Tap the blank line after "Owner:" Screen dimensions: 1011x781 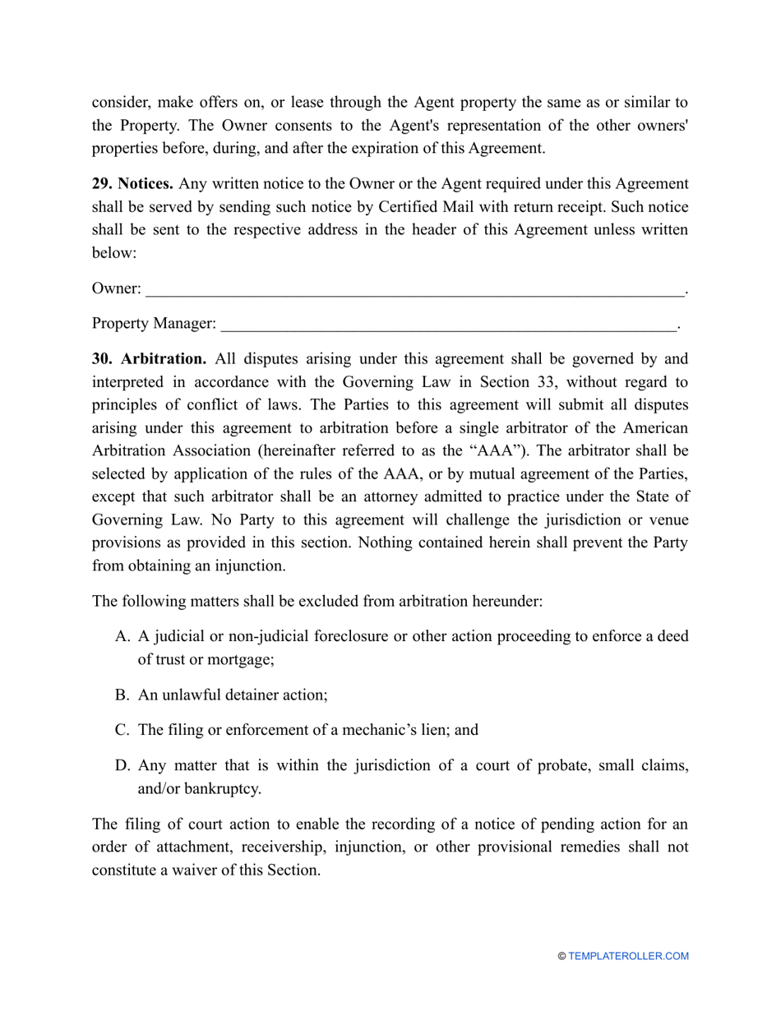pyautogui.click(x=414, y=289)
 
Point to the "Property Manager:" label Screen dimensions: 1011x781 pyautogui.click(x=154, y=325)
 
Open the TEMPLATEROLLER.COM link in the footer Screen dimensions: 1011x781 pyautogui.click(x=628, y=956)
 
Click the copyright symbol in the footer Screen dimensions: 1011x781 pyautogui.click(x=561, y=956)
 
